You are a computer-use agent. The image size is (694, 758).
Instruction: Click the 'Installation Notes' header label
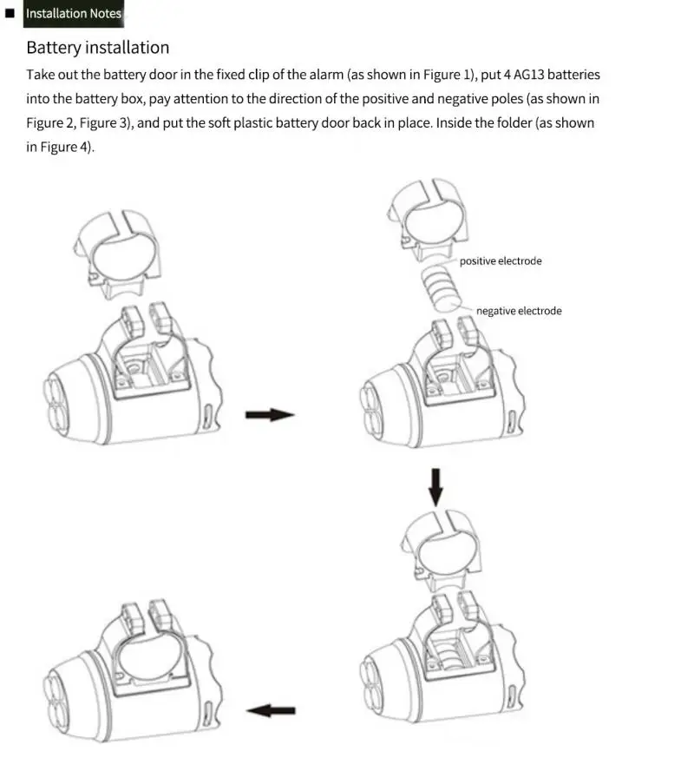click(x=74, y=14)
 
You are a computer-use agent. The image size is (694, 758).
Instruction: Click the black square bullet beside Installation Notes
click(x=10, y=14)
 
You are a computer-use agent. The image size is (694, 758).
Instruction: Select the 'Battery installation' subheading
click(x=97, y=47)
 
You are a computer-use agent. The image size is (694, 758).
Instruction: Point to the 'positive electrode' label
click(x=501, y=260)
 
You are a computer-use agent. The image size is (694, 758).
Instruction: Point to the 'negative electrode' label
click(x=519, y=311)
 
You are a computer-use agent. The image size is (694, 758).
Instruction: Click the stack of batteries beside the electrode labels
click(x=439, y=289)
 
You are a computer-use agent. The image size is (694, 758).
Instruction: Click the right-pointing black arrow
click(x=270, y=415)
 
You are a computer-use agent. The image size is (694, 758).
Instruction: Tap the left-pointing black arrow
click(x=271, y=710)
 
